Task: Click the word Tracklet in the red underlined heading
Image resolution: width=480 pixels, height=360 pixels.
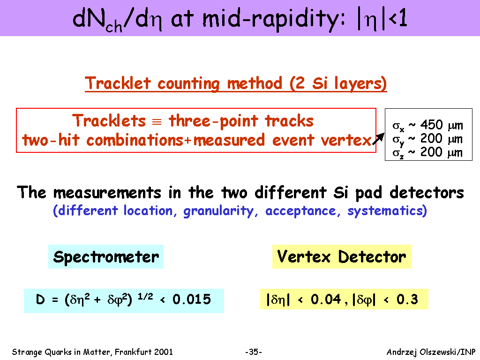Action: [x=118, y=83]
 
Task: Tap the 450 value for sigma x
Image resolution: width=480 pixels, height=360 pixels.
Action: [x=431, y=125]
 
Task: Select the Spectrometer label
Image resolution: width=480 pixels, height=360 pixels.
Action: [x=106, y=257]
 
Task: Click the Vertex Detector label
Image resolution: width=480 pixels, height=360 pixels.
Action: [x=341, y=256]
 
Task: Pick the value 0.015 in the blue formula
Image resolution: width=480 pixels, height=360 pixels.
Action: [x=192, y=300]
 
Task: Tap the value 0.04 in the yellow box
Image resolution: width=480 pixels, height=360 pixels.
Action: [x=326, y=300]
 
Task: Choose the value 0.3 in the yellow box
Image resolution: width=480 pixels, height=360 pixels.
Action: [x=407, y=300]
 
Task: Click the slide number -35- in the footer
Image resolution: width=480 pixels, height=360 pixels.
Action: [x=254, y=352]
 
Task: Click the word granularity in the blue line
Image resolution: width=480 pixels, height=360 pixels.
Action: [x=218, y=211]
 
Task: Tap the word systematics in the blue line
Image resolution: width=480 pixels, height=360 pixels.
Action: [x=387, y=211]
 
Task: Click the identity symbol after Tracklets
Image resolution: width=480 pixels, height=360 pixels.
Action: [x=157, y=122]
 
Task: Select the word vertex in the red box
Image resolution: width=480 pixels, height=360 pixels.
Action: [x=346, y=141]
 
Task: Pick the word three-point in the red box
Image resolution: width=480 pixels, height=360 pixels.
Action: [x=213, y=121]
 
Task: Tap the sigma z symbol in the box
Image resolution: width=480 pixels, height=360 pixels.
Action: [x=398, y=153]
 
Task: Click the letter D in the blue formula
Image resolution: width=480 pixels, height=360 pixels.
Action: [x=40, y=300]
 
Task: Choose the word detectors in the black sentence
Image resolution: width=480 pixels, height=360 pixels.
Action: [x=427, y=193]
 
